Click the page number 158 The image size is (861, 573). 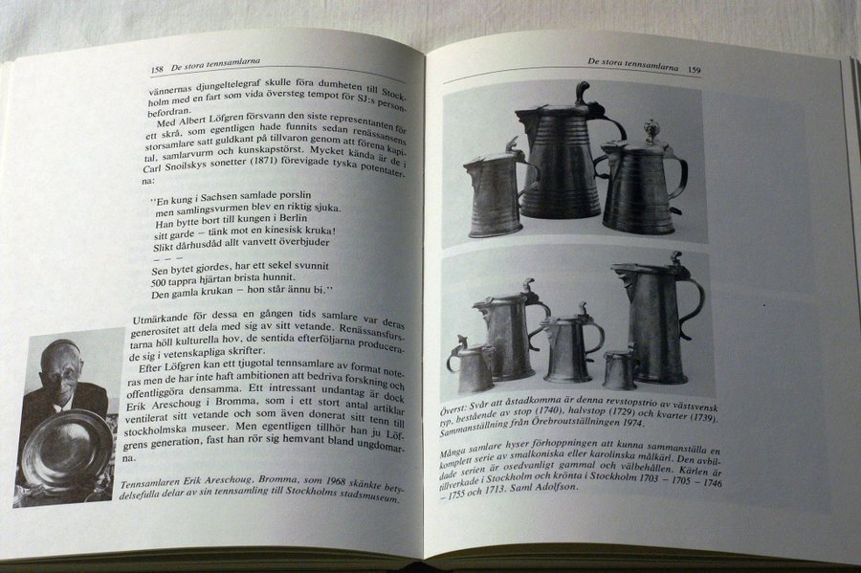[157, 70]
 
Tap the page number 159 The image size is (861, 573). [694, 70]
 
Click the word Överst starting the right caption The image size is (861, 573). [454, 410]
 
